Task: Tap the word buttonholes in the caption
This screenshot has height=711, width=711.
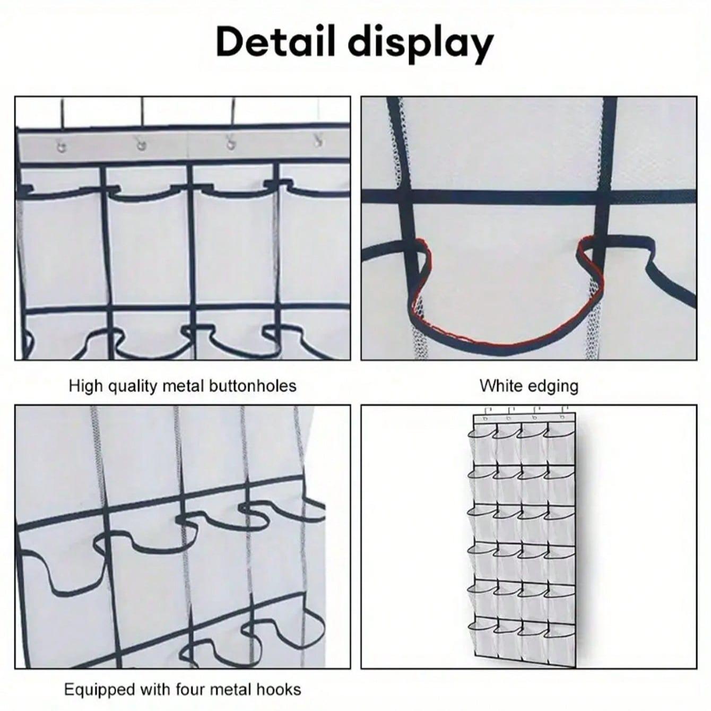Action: (253, 386)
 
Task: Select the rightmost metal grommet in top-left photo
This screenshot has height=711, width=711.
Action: (317, 141)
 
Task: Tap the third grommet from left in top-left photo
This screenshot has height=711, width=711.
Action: (230, 143)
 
